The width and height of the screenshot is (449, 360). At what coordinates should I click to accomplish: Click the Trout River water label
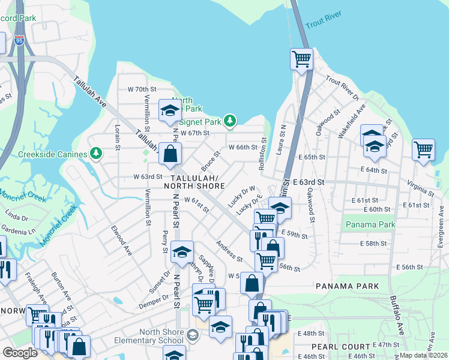tap(323, 20)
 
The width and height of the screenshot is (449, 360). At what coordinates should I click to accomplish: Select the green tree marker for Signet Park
tap(229, 121)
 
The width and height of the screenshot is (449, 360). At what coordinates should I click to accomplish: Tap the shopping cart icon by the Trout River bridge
tap(301, 59)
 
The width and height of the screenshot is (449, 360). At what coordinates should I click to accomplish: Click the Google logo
tap(20, 353)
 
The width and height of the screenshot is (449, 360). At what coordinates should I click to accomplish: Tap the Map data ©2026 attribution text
tap(424, 355)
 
